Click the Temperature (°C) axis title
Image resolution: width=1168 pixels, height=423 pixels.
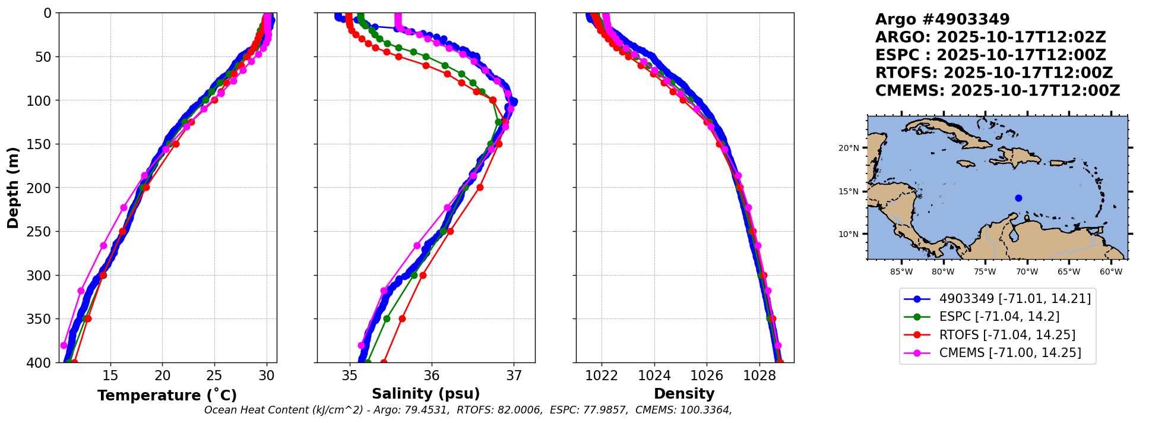[x=167, y=395]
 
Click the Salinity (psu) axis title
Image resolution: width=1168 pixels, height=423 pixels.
[x=426, y=394]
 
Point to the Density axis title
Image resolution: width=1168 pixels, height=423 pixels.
[x=684, y=394]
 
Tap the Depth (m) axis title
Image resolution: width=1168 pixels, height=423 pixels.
[x=13, y=188]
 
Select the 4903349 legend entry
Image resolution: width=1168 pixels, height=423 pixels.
[x=997, y=299]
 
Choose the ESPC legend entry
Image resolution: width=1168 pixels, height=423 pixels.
[x=981, y=317]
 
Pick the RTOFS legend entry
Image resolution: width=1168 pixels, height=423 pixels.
[x=989, y=335]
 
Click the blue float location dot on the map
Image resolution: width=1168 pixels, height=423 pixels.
[x=1018, y=198]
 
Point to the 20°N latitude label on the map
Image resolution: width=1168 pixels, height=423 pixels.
[x=849, y=148]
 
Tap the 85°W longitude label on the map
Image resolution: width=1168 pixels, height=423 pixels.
[x=901, y=272]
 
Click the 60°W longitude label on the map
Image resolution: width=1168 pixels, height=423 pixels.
[x=1111, y=272]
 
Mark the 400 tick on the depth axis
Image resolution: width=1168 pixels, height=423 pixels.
[x=42, y=362]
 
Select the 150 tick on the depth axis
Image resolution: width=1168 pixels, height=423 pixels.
[x=42, y=144]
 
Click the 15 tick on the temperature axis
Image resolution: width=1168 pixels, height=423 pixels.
[x=110, y=375]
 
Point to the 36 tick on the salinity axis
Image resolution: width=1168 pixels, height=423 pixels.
[x=432, y=375]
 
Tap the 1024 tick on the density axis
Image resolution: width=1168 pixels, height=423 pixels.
[x=654, y=375]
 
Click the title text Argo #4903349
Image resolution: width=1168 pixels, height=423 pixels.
[x=942, y=20]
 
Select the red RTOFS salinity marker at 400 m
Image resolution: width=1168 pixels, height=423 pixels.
[x=384, y=362]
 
